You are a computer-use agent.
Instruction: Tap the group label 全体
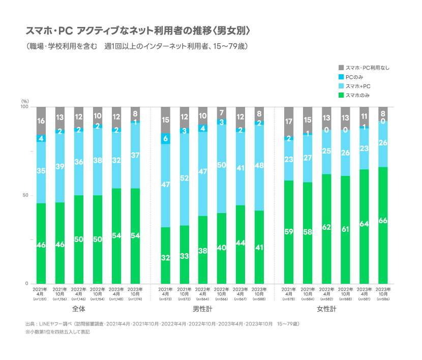tap(79, 309)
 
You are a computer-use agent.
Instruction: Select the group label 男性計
tap(202, 309)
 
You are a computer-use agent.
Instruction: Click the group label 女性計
tap(326, 309)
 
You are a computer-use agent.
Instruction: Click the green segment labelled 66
tap(382, 225)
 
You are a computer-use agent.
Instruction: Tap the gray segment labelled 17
tap(289, 122)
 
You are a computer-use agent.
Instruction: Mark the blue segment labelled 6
tap(166, 138)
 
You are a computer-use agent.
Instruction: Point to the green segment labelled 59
tap(289, 232)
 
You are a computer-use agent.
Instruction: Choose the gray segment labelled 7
tap(221, 113)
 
